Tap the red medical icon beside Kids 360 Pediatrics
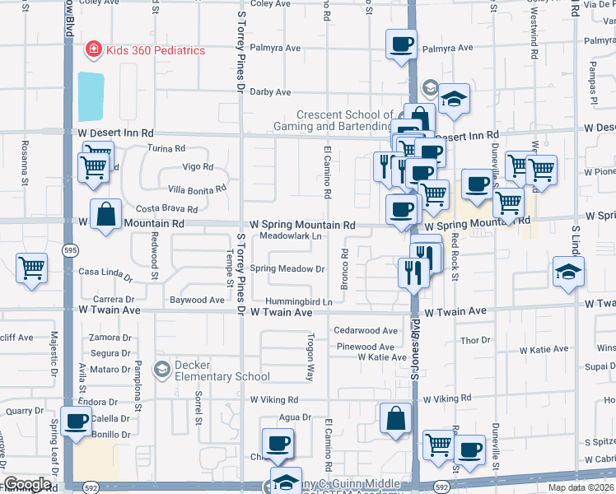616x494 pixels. pos(94,50)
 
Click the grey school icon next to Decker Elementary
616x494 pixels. pos(162,368)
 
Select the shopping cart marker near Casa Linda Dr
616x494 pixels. pos(31,268)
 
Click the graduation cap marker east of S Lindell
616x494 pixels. pos(568,273)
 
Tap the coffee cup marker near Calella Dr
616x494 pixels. pos(77,421)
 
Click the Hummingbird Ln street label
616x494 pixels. pos(298,301)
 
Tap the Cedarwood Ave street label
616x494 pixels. pos(366,331)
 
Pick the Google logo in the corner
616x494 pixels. pos(27,484)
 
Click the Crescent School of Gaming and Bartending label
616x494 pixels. pos(334,120)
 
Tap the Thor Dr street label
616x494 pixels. pos(475,340)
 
